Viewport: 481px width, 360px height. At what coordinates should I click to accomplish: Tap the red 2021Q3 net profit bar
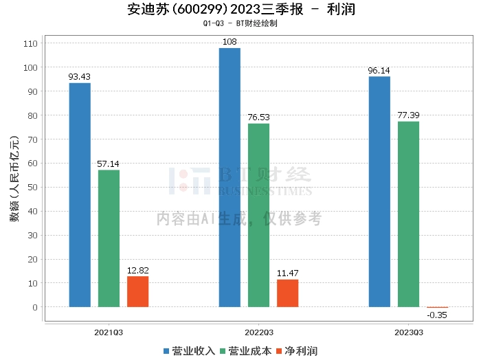click(137, 291)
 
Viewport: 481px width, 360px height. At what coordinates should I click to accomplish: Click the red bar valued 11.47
click(287, 293)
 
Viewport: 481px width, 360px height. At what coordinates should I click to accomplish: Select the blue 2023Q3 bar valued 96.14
click(379, 192)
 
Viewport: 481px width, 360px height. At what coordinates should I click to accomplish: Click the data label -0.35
click(437, 315)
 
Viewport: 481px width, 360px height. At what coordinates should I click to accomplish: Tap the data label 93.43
click(80, 76)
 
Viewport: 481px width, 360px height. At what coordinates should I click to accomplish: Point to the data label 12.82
click(137, 270)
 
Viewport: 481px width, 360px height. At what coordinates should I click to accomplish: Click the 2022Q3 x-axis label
click(258, 332)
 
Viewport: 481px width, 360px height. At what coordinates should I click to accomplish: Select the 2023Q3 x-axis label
click(408, 332)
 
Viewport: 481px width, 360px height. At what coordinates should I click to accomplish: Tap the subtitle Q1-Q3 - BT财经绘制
click(240, 24)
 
